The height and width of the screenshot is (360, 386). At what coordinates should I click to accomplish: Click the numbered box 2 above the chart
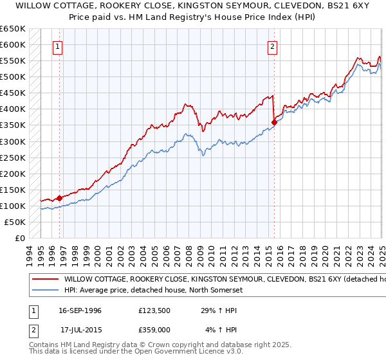point(273,46)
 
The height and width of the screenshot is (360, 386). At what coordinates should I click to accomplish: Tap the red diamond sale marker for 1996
point(59,198)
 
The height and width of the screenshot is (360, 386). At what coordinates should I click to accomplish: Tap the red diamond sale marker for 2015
point(274,122)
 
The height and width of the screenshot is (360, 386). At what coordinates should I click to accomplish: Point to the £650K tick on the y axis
point(13,29)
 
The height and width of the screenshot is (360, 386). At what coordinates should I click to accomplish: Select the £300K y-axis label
point(13,141)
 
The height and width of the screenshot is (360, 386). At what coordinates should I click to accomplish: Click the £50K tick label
point(15,222)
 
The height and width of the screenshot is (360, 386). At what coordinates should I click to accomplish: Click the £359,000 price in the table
point(154,330)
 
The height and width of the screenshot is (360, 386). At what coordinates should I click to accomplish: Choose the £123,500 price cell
point(154,310)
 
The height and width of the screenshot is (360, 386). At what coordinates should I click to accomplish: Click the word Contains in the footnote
point(44,346)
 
